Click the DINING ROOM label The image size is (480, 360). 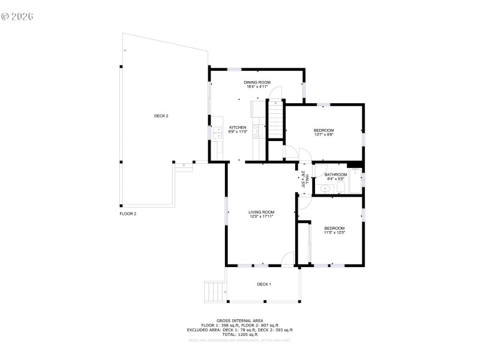pyautogui.click(x=257, y=82)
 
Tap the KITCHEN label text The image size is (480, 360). pyautogui.click(x=238, y=127)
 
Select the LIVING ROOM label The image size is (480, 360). pyautogui.click(x=262, y=212)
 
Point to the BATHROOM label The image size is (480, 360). pyautogui.click(x=336, y=175)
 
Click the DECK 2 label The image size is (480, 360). pyautogui.click(x=161, y=116)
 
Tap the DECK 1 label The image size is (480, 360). pyautogui.click(x=264, y=284)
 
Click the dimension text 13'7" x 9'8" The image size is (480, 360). pyautogui.click(x=324, y=134)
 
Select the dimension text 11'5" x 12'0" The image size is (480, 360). pyautogui.click(x=335, y=233)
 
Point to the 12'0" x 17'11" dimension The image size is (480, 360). pyautogui.click(x=262, y=217)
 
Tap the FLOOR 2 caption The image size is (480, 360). pyautogui.click(x=128, y=214)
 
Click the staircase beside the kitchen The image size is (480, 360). pyautogui.click(x=275, y=121)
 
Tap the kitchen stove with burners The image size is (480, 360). pyautogui.click(x=257, y=127)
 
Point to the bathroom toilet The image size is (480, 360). pyautogui.click(x=340, y=188)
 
